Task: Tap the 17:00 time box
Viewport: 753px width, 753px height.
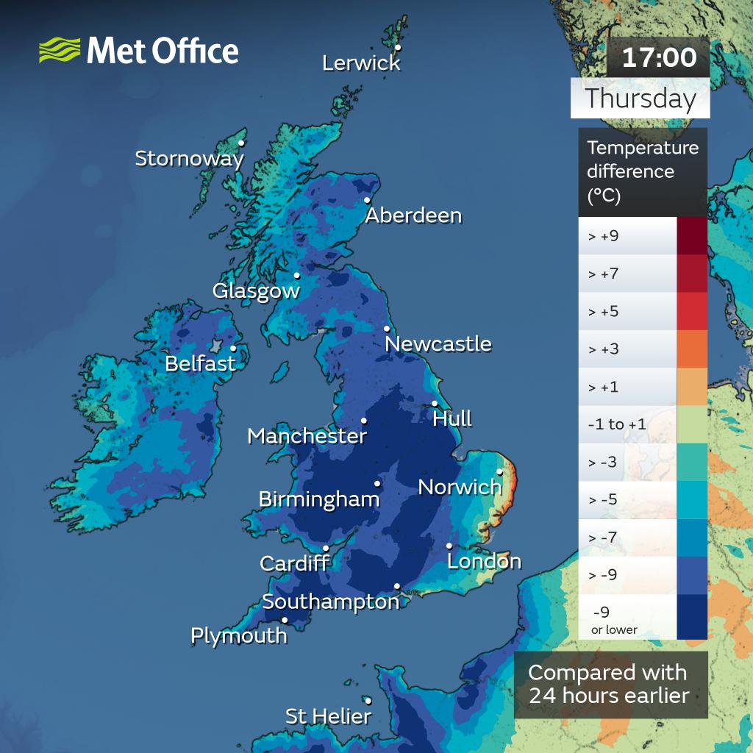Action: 659,57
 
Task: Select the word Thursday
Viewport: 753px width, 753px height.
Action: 640,99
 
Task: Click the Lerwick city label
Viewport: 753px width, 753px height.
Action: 361,63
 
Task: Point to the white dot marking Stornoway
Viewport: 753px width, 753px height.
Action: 241,143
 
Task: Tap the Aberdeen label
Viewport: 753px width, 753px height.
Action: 413,215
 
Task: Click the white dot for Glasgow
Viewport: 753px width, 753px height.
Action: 297,276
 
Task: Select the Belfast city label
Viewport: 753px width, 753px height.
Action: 200,363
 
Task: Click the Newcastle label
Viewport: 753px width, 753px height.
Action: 438,343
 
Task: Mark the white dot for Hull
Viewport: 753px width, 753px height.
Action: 435,403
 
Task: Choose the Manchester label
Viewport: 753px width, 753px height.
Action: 307,436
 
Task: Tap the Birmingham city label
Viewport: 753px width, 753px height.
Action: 318,500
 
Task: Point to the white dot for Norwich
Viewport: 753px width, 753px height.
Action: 499,472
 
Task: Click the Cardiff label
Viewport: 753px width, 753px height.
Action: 294,564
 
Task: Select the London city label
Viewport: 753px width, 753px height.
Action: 484,562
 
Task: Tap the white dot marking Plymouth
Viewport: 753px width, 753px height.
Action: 285,620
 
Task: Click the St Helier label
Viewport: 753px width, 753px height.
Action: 328,716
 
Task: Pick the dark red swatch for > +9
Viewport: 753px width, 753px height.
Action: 691,236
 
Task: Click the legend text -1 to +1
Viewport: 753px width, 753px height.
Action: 617,424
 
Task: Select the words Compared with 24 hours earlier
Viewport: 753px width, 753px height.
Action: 608,684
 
